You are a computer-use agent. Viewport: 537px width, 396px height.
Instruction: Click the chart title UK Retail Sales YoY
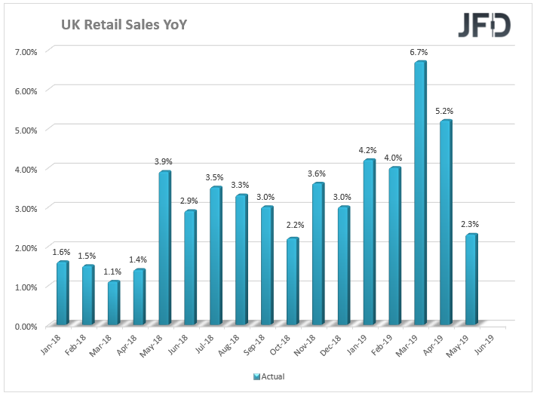click(124, 26)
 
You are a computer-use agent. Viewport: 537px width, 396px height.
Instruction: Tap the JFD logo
click(484, 25)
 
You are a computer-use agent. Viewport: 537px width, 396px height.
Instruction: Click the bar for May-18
click(164, 249)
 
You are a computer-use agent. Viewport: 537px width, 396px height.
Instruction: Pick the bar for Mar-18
click(113, 303)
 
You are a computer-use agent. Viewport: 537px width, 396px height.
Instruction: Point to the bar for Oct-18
click(292, 282)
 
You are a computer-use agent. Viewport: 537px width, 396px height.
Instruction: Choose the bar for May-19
click(471, 280)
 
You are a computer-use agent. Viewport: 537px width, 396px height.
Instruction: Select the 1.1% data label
click(113, 272)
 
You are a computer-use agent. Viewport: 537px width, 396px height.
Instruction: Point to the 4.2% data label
click(369, 150)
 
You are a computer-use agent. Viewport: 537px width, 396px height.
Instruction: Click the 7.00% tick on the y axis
click(26, 51)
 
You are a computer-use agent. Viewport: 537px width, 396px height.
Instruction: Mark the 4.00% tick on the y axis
click(26, 169)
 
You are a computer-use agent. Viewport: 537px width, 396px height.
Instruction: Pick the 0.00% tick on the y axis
click(26, 326)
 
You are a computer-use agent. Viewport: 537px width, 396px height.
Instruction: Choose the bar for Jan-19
click(369, 242)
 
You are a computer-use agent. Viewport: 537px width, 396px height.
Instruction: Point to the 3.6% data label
click(318, 174)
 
